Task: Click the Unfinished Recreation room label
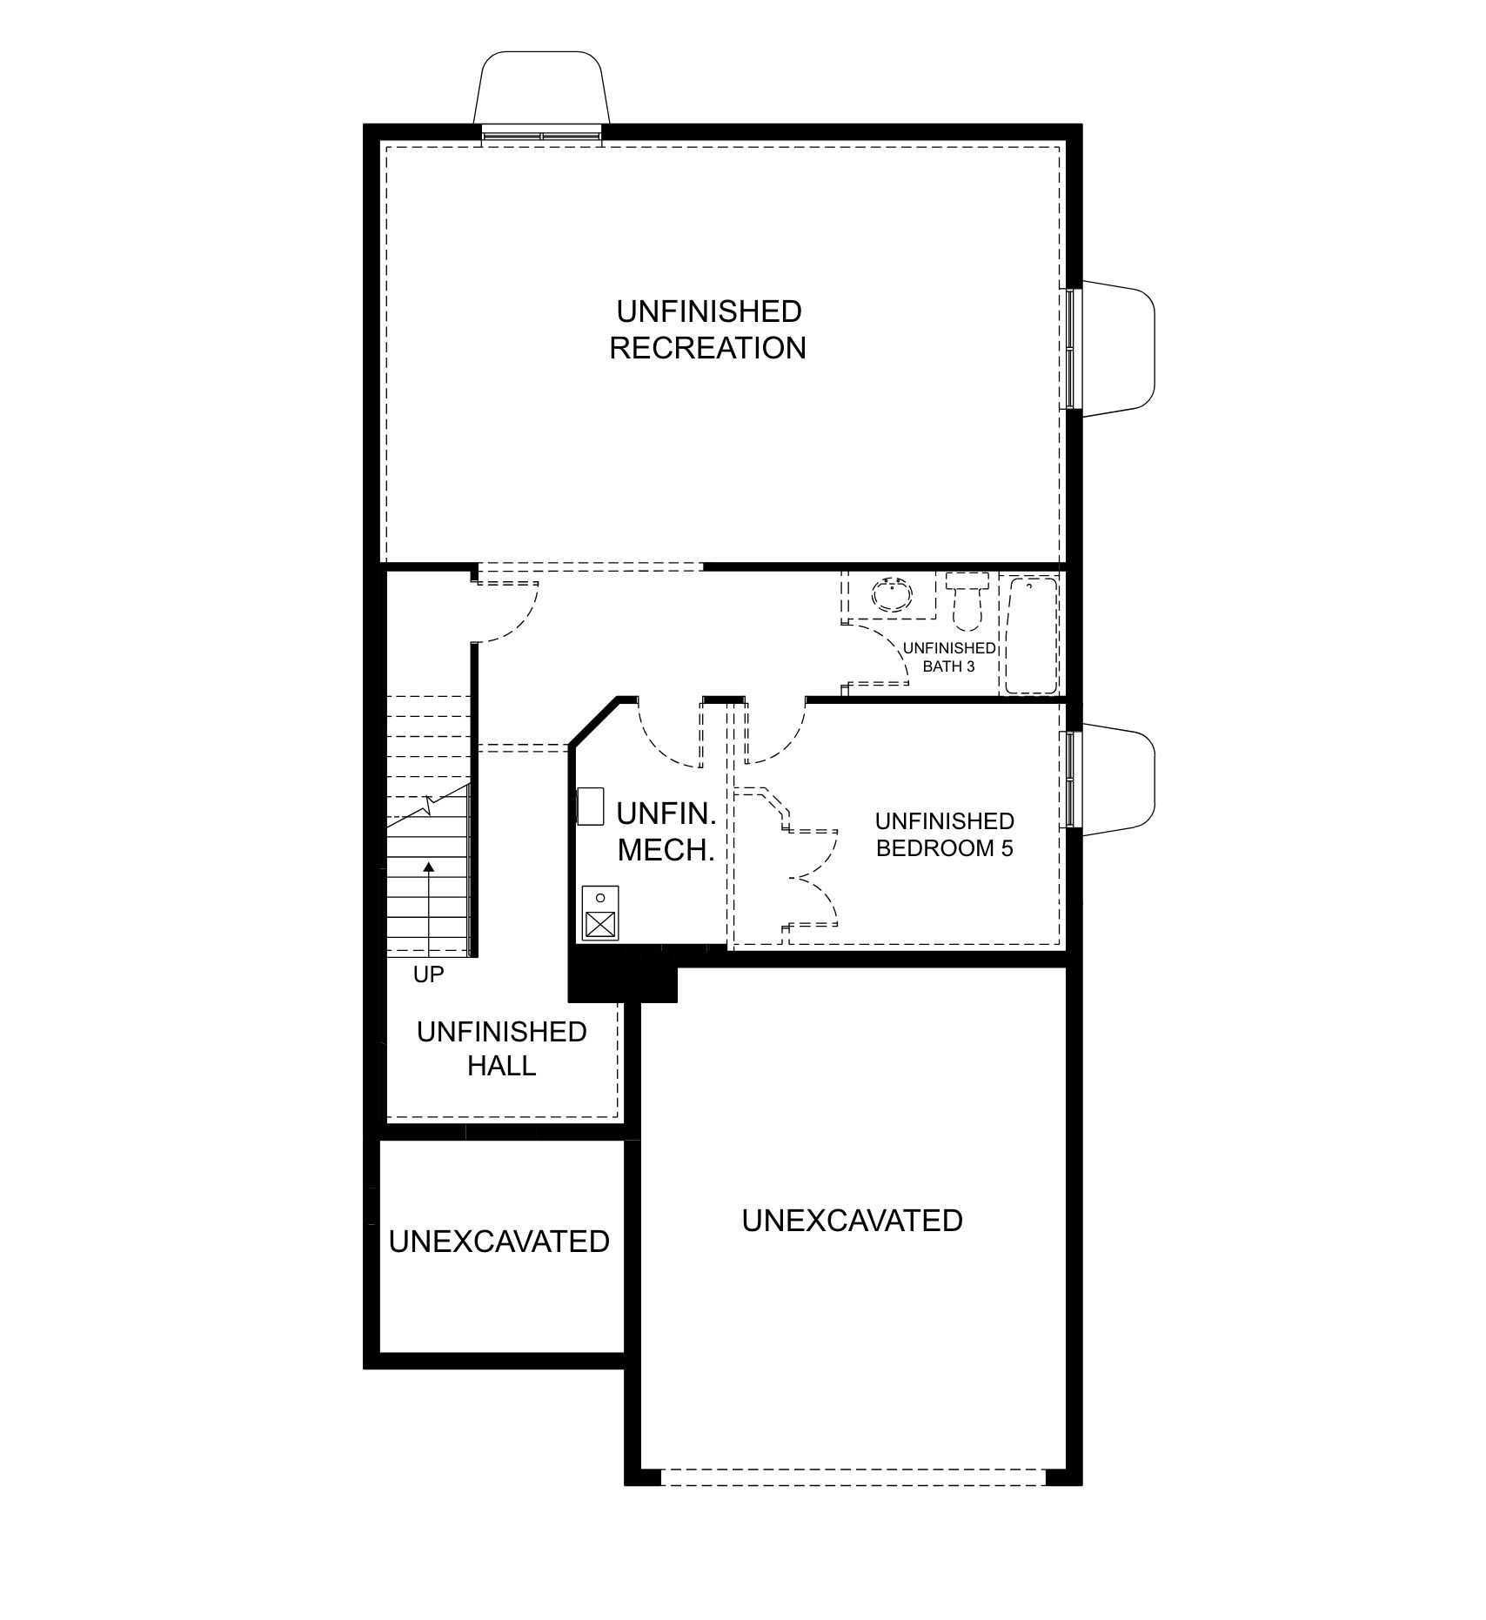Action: [x=707, y=330]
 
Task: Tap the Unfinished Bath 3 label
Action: [x=949, y=657]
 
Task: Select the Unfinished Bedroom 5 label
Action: [x=944, y=834]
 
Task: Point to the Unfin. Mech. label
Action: [x=666, y=832]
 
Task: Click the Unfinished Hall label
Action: [x=502, y=1048]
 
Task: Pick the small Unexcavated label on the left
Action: [x=499, y=1241]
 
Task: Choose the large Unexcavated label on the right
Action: [x=852, y=1221]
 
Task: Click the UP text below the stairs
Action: [x=428, y=975]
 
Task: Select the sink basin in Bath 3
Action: [x=893, y=597]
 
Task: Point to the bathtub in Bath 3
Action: [x=1031, y=636]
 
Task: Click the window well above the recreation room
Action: [x=540, y=88]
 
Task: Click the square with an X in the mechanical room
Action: [x=599, y=924]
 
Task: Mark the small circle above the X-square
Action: [x=599, y=897]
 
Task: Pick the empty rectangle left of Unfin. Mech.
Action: [x=591, y=806]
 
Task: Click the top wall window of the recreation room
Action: [x=541, y=135]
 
